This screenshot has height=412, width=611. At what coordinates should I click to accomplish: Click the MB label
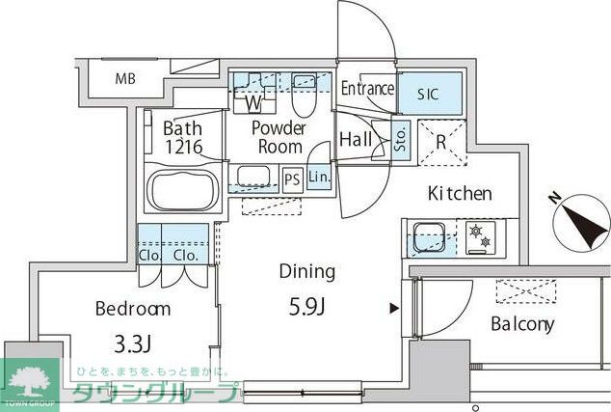[x=125, y=79]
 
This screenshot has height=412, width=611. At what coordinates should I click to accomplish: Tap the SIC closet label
[x=428, y=94]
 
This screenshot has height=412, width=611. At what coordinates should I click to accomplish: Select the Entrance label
[x=367, y=88]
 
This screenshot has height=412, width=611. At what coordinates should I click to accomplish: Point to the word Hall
[x=356, y=139]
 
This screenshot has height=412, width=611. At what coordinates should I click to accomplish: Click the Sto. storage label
[x=401, y=140]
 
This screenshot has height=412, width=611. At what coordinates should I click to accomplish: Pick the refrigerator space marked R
[x=441, y=143]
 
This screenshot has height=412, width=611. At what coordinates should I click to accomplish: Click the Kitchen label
[x=460, y=193]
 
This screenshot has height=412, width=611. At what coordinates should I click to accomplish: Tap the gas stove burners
[x=481, y=237]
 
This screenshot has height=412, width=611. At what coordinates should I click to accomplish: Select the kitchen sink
[x=428, y=237]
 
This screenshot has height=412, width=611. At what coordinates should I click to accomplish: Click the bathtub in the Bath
[x=183, y=191]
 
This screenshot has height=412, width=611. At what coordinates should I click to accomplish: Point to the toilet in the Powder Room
[x=303, y=95]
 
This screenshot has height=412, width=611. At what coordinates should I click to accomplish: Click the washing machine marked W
[x=254, y=94]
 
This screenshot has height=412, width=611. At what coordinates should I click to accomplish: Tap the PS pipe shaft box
[x=292, y=179]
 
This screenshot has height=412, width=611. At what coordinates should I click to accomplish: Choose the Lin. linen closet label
[x=319, y=178]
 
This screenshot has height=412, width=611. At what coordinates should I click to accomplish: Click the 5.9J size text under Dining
[x=307, y=307]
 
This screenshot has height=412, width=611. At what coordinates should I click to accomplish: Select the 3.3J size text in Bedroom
[x=132, y=343]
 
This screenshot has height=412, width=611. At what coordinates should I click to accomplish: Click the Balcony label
[x=522, y=324]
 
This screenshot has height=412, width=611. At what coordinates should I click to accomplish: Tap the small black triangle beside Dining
[x=395, y=308]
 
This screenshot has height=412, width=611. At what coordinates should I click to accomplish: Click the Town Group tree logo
[x=30, y=383]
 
